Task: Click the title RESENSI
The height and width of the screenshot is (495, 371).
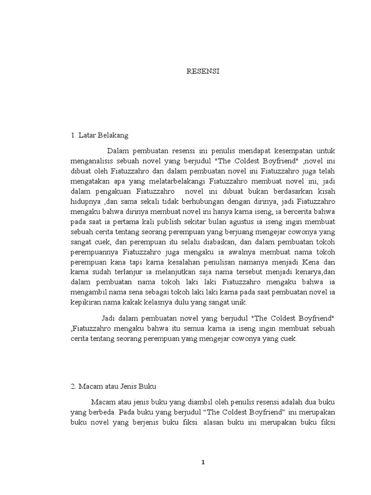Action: (x=203, y=71)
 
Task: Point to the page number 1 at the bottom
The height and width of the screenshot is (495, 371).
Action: (x=203, y=462)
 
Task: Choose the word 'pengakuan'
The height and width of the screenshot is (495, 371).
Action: (x=106, y=191)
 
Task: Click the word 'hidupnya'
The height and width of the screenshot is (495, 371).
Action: (x=84, y=202)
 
